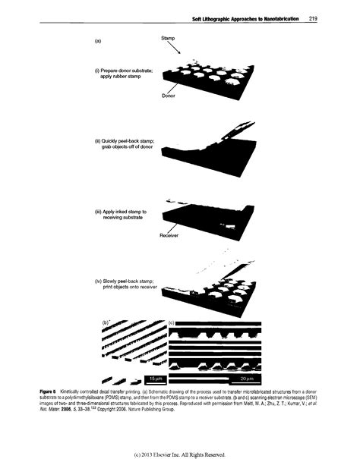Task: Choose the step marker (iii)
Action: tap(98, 211)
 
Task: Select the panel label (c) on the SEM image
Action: tap(172, 324)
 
